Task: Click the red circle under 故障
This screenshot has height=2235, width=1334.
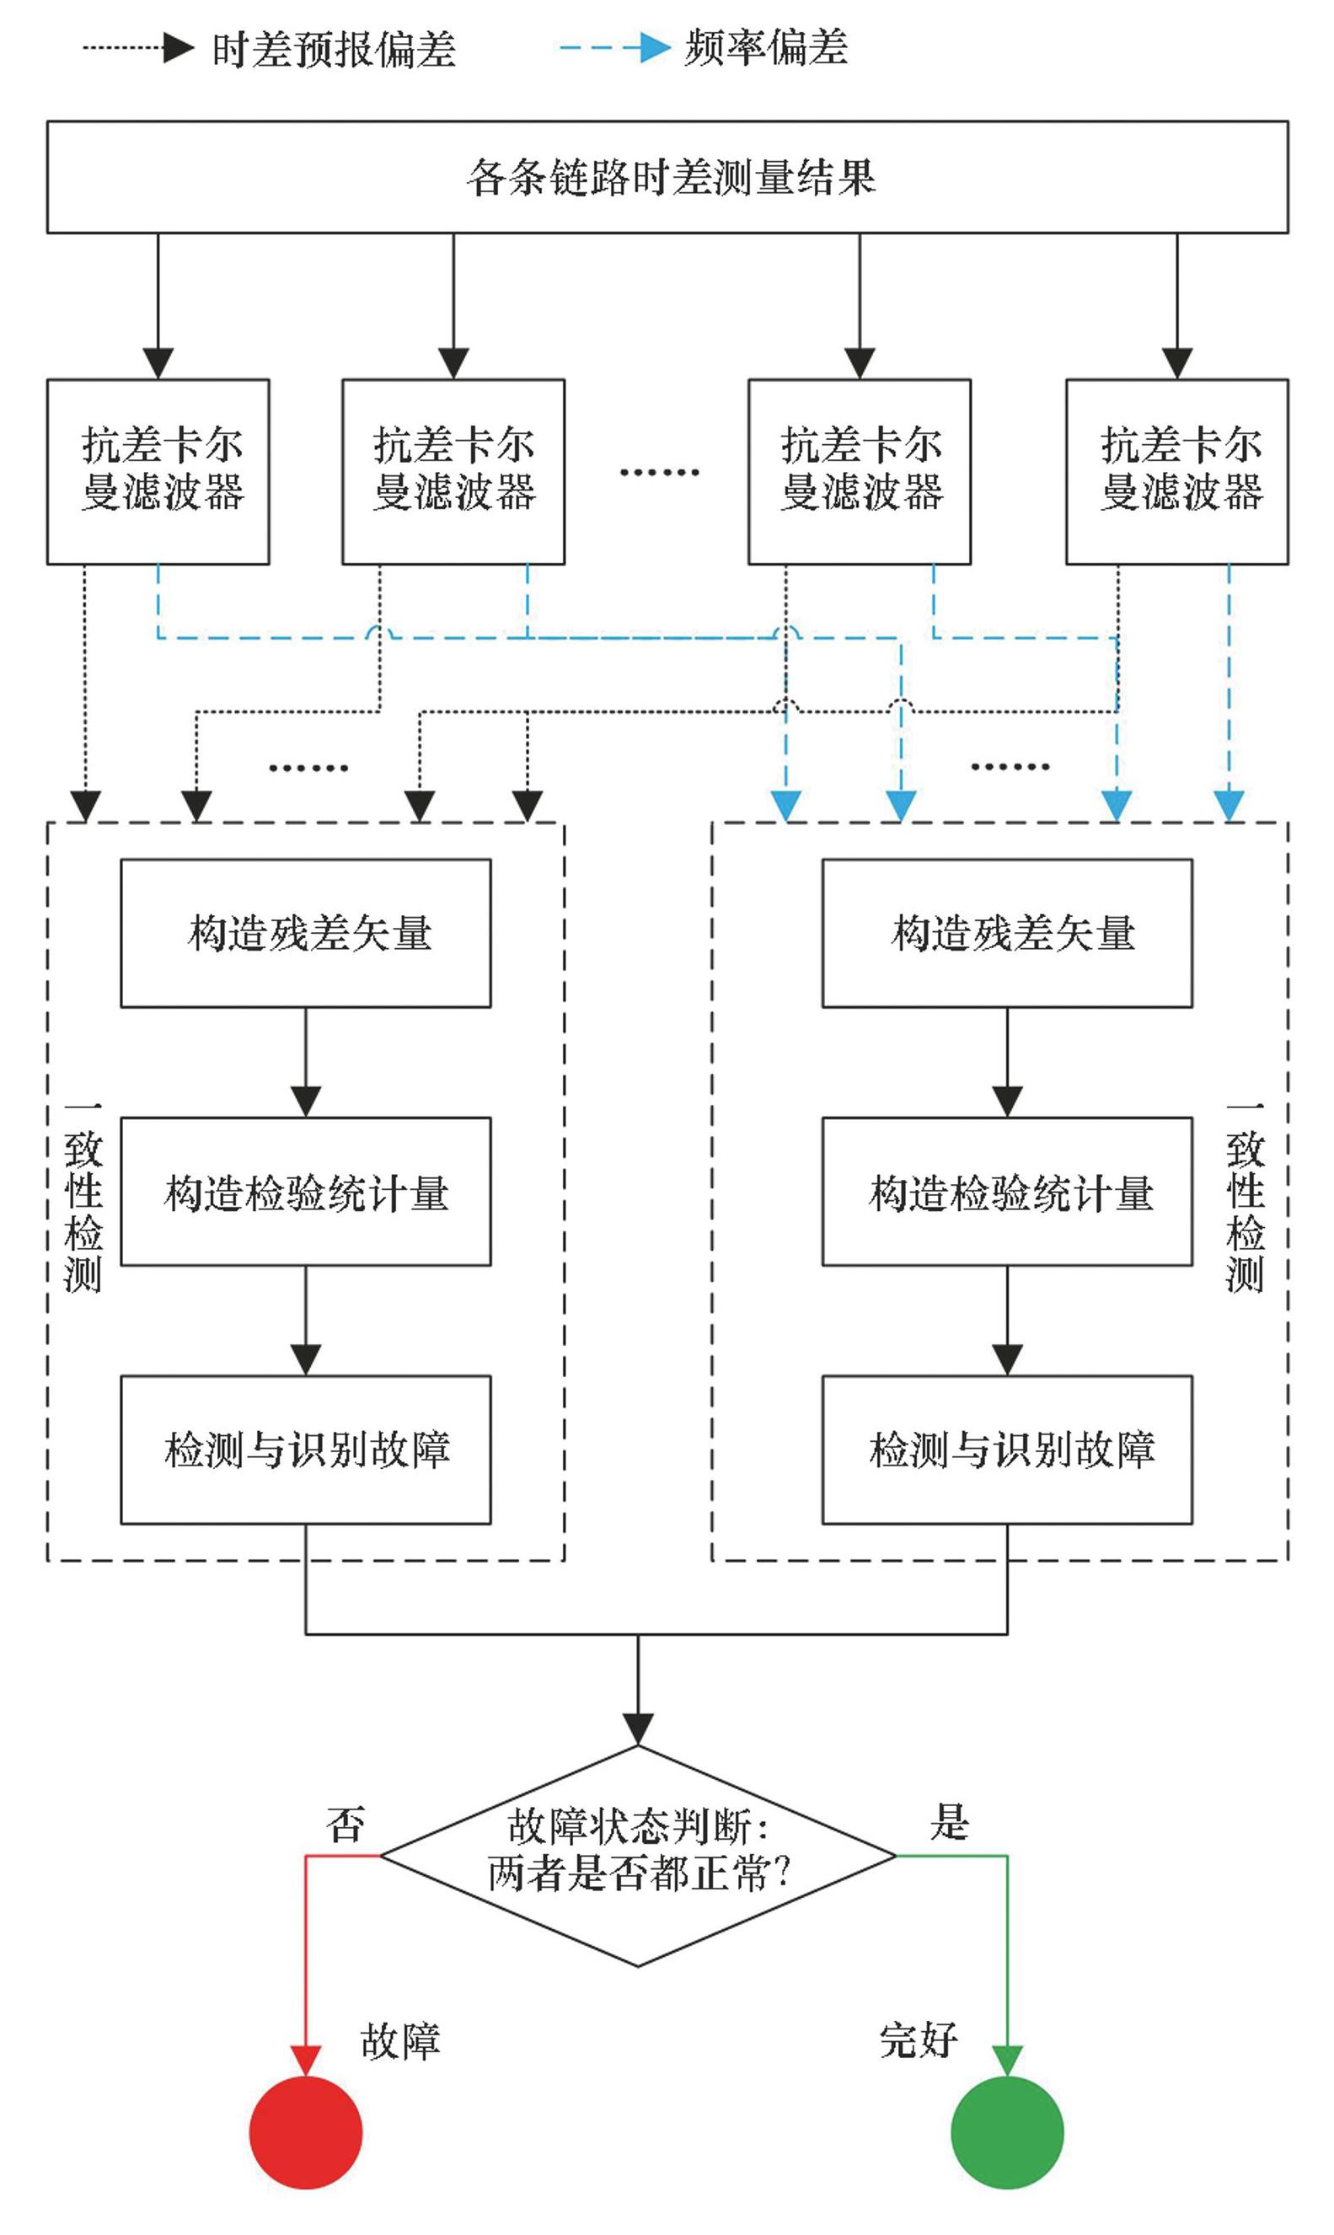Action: [306, 2131]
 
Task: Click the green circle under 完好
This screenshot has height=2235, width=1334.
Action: [1007, 2131]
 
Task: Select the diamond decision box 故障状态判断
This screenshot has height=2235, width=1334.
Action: [638, 1855]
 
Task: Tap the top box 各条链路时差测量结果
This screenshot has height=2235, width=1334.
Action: [667, 177]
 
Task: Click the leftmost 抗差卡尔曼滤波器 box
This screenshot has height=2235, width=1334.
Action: [158, 471]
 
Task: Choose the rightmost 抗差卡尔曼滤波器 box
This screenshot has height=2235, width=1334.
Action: [1176, 471]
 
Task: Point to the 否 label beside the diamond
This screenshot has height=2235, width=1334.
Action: [346, 1824]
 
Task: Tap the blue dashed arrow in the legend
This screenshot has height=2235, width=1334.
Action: [615, 48]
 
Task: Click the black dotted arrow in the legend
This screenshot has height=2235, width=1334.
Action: [139, 48]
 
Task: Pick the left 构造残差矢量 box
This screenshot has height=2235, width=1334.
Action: [306, 932]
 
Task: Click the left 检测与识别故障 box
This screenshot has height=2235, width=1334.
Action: [306, 1450]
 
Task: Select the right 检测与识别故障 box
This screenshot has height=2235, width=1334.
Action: [1007, 1450]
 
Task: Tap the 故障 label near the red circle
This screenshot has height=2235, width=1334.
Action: [400, 2041]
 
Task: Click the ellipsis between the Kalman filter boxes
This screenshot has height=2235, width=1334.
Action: [659, 472]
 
